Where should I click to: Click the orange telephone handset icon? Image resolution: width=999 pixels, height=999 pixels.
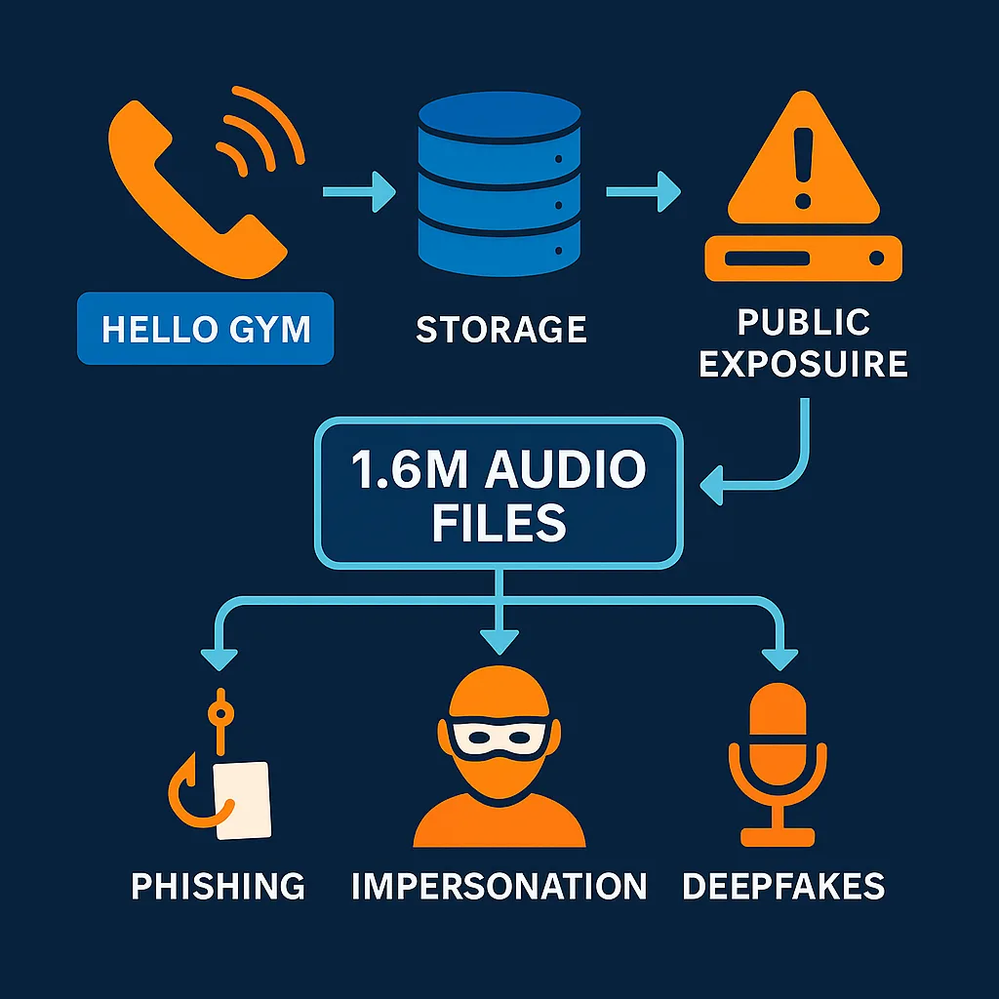pos(185,190)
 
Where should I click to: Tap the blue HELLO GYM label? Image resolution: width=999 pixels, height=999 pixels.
pos(206,329)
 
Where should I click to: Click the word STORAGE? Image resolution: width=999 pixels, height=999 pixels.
pos(500,330)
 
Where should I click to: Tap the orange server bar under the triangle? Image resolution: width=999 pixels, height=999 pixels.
pos(802,259)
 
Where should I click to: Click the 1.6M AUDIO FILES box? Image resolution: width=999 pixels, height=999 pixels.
pos(499,494)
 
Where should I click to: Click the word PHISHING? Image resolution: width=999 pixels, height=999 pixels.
pos(219,886)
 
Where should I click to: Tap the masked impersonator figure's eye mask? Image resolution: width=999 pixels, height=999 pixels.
pos(499,737)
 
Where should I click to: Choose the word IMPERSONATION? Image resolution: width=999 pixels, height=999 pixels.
pos(499,886)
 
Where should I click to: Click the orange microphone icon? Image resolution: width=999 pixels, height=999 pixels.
pos(778,761)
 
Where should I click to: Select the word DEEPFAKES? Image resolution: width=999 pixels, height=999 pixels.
pos(783,886)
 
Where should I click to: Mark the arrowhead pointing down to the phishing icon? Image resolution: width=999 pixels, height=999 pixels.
pos(219,659)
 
